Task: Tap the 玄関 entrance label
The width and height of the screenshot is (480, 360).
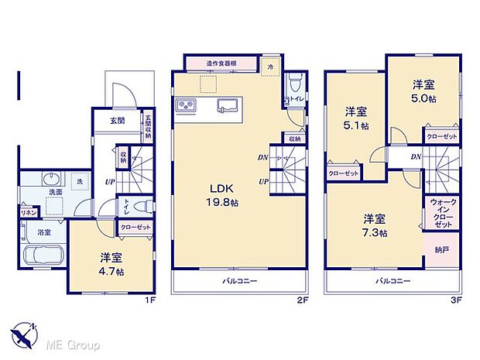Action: coord(117,120)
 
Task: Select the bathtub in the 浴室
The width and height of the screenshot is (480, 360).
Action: coord(44,255)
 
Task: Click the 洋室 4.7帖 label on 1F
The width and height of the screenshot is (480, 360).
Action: coord(108,264)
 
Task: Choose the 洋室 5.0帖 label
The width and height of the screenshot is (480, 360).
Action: coord(422,92)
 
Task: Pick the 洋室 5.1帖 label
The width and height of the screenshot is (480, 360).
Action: coord(355,118)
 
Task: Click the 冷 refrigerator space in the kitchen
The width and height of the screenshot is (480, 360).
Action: coord(271,67)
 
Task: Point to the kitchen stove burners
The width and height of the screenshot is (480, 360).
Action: coord(186,105)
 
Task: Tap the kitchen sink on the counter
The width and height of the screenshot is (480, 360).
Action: coord(228,105)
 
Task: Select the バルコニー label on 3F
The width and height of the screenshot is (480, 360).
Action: coord(393,281)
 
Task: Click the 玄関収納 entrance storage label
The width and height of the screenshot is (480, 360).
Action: coord(147,128)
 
